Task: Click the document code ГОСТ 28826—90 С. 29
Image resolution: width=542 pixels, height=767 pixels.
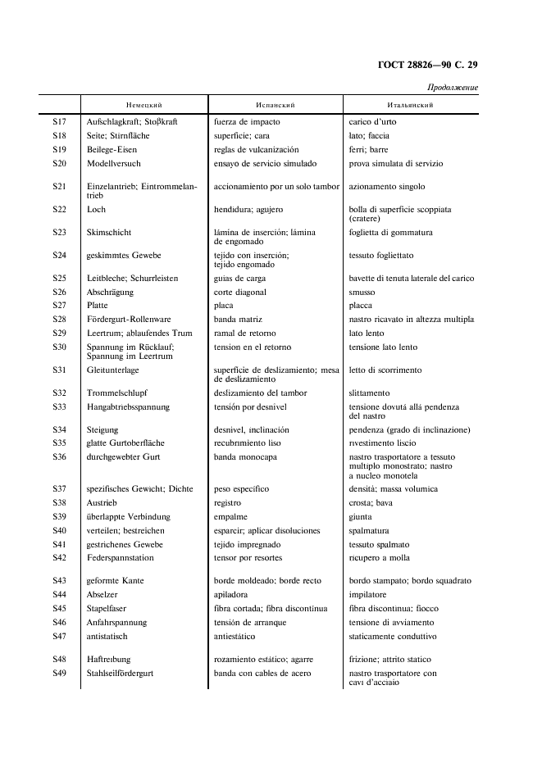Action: point(428,65)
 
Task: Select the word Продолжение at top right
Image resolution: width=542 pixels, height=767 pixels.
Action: point(452,88)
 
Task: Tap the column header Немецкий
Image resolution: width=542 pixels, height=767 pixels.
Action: point(144,105)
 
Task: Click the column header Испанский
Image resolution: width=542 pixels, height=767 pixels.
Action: point(276,105)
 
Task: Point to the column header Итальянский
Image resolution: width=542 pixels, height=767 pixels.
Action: point(410,105)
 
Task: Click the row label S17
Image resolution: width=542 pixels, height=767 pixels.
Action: point(59,122)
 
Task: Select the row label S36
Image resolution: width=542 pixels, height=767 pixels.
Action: point(59,456)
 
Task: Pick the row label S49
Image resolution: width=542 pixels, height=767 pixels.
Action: point(59,674)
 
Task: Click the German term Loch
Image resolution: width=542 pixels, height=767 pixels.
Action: point(96,210)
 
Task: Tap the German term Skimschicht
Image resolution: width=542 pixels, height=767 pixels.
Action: point(109,233)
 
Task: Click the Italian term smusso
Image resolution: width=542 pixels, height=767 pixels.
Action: point(362,293)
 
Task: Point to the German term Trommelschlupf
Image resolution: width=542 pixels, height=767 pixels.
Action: point(117,393)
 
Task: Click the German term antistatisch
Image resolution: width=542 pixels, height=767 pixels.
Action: point(108,636)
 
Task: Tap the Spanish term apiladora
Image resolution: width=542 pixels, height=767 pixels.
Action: point(231,595)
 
